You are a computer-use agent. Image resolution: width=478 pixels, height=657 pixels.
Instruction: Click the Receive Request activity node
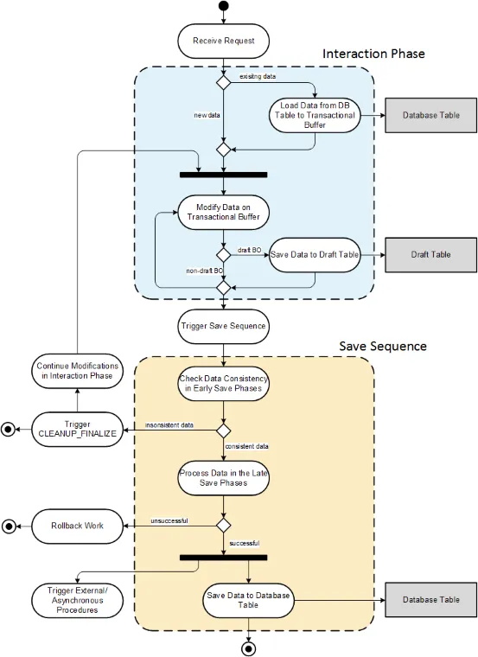[223, 39]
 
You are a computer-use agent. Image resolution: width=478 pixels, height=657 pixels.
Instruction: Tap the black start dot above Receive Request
[223, 7]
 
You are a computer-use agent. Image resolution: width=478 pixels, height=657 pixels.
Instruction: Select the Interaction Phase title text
[373, 54]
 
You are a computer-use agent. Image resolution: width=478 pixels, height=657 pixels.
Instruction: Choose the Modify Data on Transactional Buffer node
[223, 211]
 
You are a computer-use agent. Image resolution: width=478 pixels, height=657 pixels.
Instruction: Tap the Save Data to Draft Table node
[315, 255]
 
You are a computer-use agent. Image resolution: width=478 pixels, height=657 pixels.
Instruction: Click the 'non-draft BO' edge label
[204, 271]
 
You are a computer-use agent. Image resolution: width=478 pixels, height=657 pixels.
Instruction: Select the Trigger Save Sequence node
[223, 327]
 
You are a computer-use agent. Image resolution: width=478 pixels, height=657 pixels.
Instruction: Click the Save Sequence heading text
[383, 346]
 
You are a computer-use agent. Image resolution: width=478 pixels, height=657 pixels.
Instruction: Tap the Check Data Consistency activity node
[223, 384]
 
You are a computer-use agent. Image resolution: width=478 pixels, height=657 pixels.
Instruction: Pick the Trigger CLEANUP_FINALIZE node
[76, 429]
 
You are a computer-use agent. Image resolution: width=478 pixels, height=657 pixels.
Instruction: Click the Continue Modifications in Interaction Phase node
[76, 371]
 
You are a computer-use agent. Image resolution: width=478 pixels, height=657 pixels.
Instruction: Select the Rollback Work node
[76, 526]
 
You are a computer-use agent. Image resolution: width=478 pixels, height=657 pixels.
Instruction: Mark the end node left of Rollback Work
[10, 526]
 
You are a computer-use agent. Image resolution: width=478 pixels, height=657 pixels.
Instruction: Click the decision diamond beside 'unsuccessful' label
[223, 525]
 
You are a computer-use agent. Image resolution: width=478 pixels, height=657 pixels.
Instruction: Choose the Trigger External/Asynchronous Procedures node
[76, 598]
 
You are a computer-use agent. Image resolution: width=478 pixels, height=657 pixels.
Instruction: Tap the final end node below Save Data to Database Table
[250, 647]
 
